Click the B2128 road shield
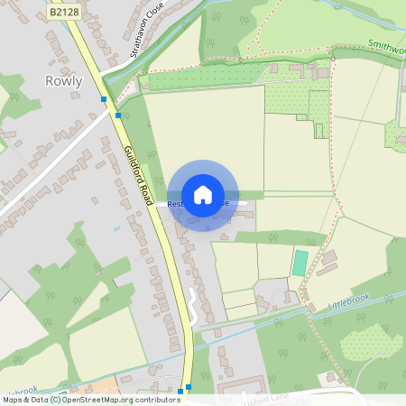[x=65, y=13]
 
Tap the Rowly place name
[x=63, y=81]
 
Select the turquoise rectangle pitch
[x=300, y=263]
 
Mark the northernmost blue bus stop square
[x=104, y=99]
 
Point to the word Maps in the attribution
[x=14, y=400]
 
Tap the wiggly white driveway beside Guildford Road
[x=191, y=307]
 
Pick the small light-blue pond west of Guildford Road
[x=116, y=229]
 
